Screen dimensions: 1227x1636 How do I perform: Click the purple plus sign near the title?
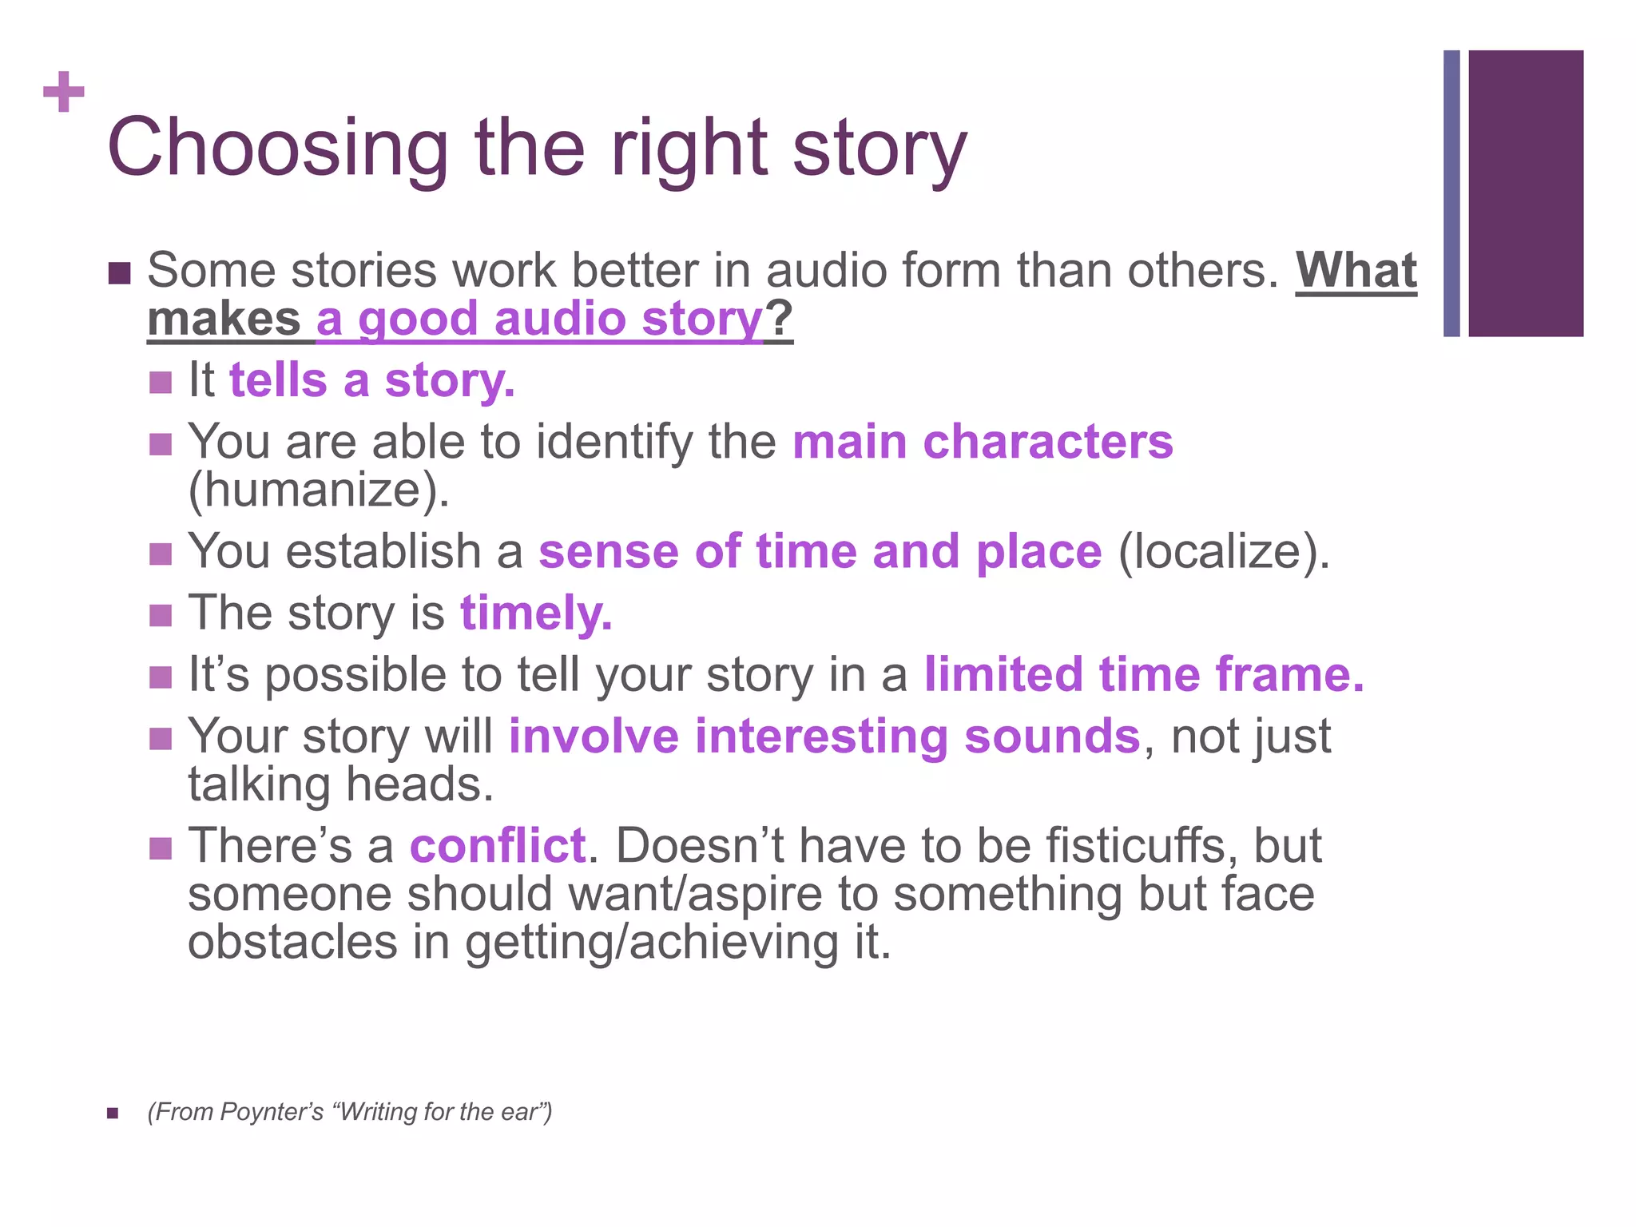[x=64, y=92]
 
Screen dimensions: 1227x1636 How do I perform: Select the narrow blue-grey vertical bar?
[x=1451, y=193]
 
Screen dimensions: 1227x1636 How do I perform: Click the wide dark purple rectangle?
[x=1526, y=193]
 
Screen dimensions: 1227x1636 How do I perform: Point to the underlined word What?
[x=1356, y=272]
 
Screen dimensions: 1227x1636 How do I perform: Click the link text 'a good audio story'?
[x=540, y=320]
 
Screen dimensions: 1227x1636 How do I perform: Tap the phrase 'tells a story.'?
[x=372, y=380]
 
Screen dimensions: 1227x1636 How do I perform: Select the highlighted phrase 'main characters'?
[x=983, y=442]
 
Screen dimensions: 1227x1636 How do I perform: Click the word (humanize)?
[x=319, y=490]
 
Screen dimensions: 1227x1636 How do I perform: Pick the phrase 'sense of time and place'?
[x=820, y=552]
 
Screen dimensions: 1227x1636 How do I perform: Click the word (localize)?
[x=1223, y=552]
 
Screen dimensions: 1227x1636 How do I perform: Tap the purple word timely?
[x=536, y=613]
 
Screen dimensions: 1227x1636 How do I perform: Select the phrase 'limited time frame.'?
[x=1144, y=675]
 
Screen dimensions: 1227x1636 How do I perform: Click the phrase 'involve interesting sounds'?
[x=824, y=737]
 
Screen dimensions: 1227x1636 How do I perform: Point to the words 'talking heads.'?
[x=341, y=785]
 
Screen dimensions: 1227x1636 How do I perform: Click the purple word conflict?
[x=498, y=846]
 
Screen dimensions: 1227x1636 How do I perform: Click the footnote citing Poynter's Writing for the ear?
[x=350, y=1112]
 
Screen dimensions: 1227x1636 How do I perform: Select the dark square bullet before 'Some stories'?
[x=118, y=273]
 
